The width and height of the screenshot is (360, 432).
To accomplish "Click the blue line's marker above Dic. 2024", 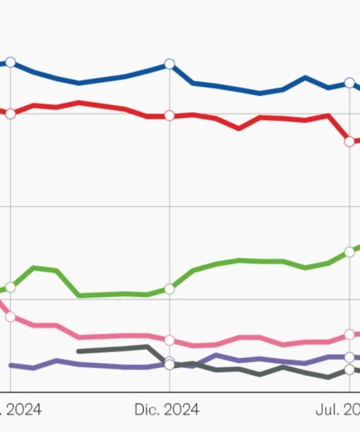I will tap(169, 64).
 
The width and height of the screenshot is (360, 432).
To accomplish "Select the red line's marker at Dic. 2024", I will tap(169, 115).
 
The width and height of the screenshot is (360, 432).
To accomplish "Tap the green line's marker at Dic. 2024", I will tap(169, 289).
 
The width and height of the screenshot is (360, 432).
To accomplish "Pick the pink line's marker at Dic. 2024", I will tap(169, 340).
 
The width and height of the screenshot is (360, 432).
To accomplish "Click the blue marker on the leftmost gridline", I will tap(10, 63).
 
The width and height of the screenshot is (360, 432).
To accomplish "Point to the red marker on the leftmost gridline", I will tap(10, 113).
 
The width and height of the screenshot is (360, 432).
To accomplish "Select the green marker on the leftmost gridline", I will tap(10, 287).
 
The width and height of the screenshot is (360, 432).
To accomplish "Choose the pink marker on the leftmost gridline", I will tap(10, 316).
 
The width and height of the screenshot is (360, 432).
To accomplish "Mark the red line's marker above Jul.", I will tap(350, 142).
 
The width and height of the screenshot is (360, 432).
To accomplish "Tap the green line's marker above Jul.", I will tap(350, 251).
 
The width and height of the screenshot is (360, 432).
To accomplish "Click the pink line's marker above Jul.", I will tap(350, 335).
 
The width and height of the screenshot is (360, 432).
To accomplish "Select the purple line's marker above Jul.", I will tap(350, 356).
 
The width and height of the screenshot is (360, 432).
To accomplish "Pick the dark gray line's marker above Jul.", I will tap(350, 369).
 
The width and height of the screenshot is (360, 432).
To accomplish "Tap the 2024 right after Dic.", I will tap(183, 410).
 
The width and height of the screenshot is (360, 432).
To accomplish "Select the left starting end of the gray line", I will tap(78, 351).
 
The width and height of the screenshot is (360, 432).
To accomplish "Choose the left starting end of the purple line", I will tap(10, 365).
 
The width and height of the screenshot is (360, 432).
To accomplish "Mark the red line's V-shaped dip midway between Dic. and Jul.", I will tap(240, 128).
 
